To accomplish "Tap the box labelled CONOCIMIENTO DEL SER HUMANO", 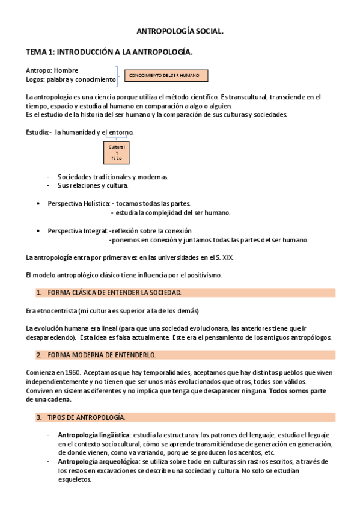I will [166, 76].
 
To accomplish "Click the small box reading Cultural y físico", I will [117, 153].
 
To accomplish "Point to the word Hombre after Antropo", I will [66, 70].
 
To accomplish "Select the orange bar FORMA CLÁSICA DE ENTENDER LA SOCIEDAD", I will [180, 293].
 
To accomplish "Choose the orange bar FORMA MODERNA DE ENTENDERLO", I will [180, 355].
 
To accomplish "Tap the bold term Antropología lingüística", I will [93, 434].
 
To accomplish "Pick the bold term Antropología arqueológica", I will [97, 461].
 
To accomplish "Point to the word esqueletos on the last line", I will [75, 480].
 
